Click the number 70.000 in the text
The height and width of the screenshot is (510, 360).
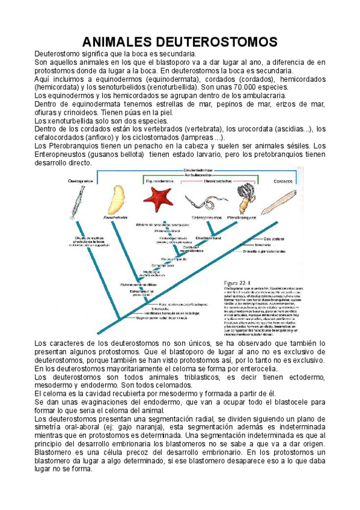[x=228, y=87]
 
